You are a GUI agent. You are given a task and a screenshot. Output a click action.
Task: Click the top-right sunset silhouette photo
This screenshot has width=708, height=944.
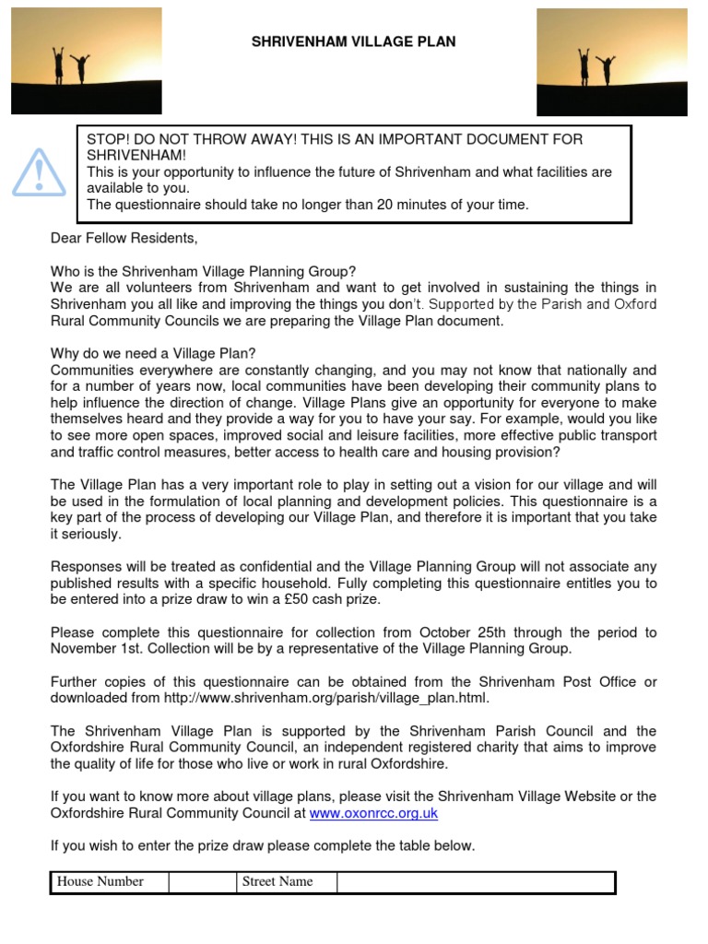(612, 62)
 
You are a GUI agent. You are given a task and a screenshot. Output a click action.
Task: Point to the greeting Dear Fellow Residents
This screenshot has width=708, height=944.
(124, 239)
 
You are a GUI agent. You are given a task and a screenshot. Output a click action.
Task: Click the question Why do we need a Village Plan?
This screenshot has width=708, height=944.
(154, 354)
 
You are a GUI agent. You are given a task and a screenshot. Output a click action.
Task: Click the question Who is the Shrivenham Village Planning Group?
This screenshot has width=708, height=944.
(202, 271)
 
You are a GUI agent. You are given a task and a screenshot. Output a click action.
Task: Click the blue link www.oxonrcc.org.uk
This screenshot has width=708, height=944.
(373, 813)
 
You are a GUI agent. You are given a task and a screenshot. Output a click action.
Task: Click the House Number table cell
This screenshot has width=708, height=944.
(100, 882)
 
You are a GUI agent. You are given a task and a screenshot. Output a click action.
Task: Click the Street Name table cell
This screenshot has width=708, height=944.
(277, 882)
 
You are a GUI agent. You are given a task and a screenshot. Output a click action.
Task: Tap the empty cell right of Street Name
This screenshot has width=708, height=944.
(475, 882)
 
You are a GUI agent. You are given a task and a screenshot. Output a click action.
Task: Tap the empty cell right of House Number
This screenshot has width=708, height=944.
(202, 882)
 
